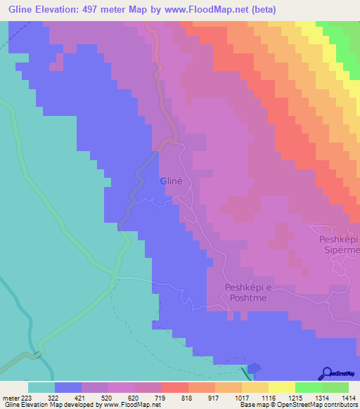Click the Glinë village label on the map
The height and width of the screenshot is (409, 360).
[x=171, y=181]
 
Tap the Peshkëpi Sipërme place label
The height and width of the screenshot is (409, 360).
[x=340, y=245]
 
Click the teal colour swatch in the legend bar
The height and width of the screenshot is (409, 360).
[x=41, y=387]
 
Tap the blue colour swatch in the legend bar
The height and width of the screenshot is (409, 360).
[x=68, y=387]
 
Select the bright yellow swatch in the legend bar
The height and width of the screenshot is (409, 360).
[x=282, y=387]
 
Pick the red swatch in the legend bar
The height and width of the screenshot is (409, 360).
[x=175, y=387]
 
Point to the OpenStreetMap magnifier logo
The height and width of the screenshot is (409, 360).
[x=327, y=373]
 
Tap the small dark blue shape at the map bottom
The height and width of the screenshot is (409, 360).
[x=254, y=368]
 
